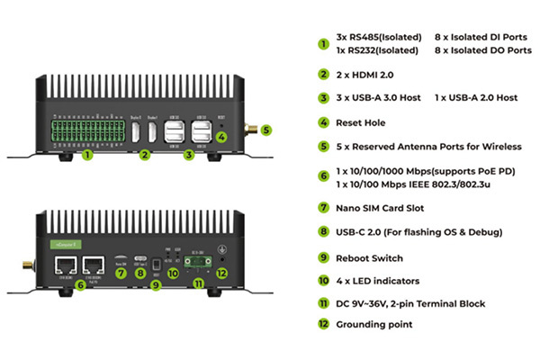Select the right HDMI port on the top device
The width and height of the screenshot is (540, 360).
point(156,133)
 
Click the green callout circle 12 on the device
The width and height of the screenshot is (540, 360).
point(222,271)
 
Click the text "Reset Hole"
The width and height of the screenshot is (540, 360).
point(364,121)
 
